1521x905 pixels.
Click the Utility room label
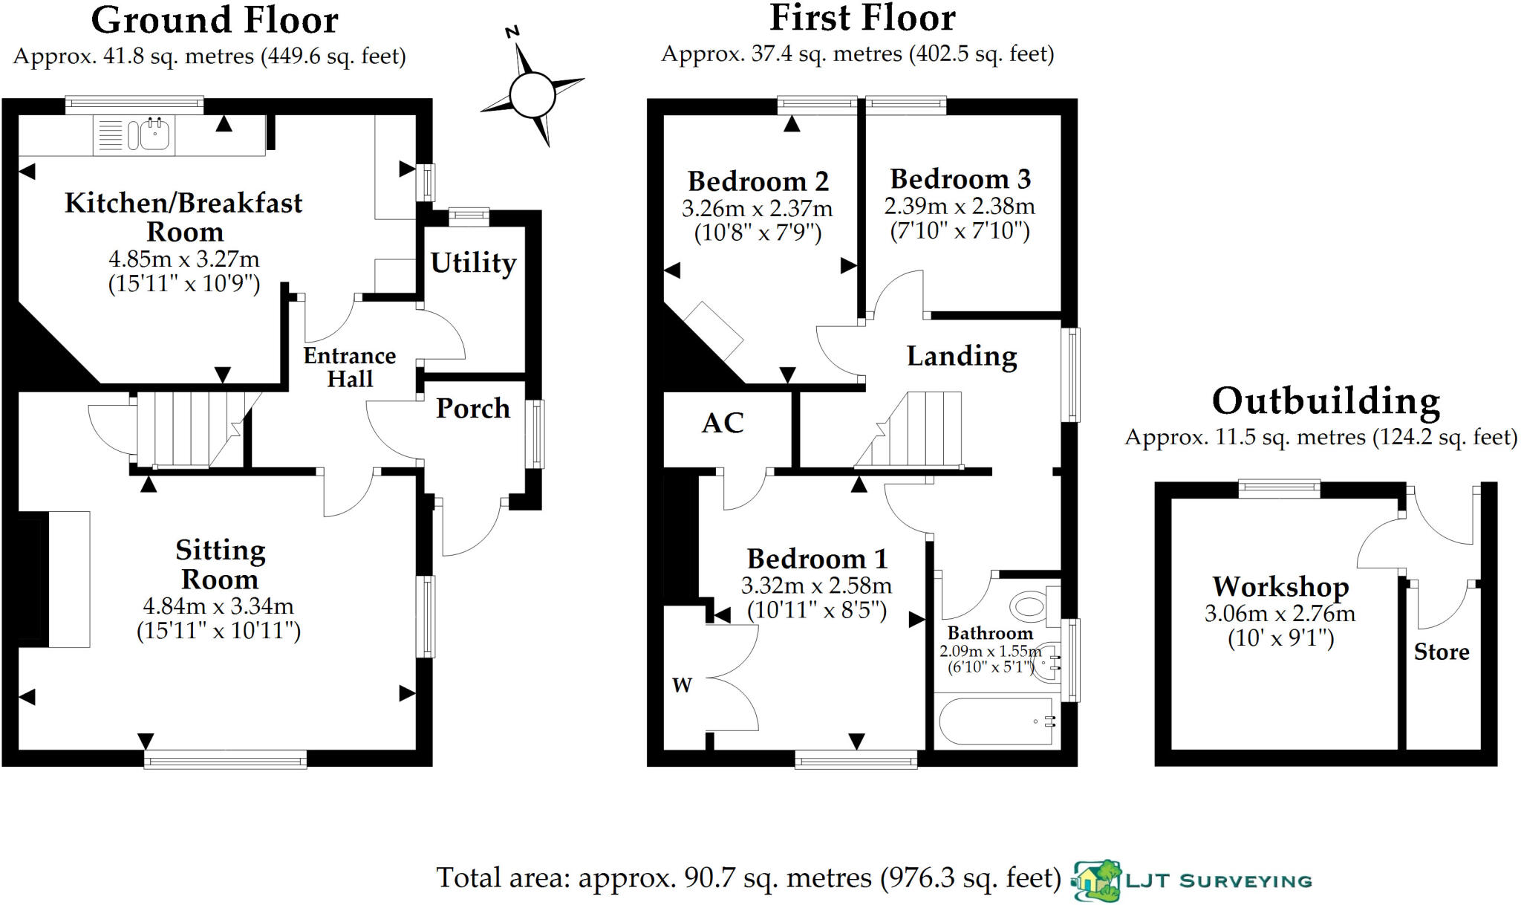tap(473, 262)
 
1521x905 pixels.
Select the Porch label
tap(472, 408)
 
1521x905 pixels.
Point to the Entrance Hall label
tap(349, 367)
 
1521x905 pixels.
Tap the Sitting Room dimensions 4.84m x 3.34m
tap(218, 606)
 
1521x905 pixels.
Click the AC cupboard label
tap(723, 423)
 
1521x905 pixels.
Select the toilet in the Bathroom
tap(1032, 606)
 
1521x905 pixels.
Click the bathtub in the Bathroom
tap(995, 721)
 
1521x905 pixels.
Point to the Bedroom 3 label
tap(960, 179)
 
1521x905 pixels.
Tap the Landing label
tap(962, 356)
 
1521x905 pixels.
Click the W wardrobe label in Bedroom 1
tap(682, 685)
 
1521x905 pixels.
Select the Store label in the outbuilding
tap(1441, 652)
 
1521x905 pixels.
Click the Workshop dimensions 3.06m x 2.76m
tap(1280, 614)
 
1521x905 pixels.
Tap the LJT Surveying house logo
tap(1096, 881)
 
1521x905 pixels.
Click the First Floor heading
tap(862, 19)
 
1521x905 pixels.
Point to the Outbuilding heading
tap(1326, 401)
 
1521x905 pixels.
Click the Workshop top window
tap(1279, 488)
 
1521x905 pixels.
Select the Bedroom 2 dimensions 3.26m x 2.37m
tap(757, 209)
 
